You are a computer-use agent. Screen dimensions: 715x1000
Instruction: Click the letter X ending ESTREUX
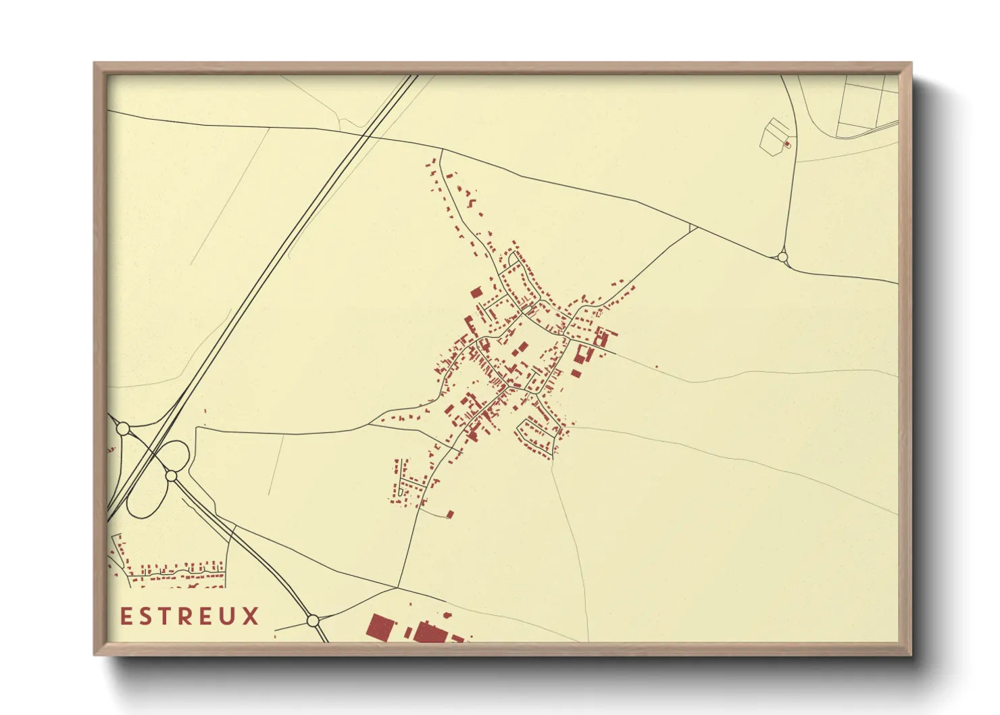pyautogui.click(x=251, y=616)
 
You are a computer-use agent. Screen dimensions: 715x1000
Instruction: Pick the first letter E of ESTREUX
pyautogui.click(x=126, y=616)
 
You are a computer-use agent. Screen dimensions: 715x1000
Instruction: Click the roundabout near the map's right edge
pyautogui.click(x=782, y=257)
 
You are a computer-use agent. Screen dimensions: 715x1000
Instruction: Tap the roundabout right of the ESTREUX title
pyautogui.click(x=312, y=620)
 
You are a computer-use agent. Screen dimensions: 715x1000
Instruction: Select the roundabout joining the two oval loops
pyautogui.click(x=172, y=476)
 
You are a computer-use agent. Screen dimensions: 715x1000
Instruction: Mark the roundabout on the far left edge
pyautogui.click(x=123, y=428)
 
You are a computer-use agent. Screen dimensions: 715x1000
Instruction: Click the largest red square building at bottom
pyautogui.click(x=380, y=626)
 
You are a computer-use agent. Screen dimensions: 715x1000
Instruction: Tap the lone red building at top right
pyautogui.click(x=786, y=144)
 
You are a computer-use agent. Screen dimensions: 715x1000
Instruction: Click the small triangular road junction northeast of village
pyautogui.click(x=692, y=228)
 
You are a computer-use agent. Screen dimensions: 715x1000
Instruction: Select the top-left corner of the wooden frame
pyautogui.click(x=95, y=64)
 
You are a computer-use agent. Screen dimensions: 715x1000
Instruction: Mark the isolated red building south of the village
pyautogui.click(x=450, y=514)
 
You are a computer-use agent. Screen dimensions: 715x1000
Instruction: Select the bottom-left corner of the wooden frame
pyautogui.click(x=95, y=654)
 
